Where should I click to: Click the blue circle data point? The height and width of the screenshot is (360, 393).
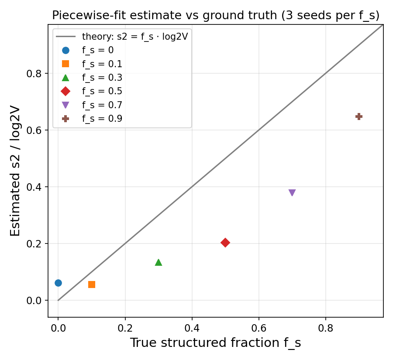[x=58, y=283]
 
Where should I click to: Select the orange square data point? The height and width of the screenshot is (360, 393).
[x=92, y=285]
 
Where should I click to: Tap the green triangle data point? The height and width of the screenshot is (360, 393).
[x=159, y=262]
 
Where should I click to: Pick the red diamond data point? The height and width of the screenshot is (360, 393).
[x=225, y=243]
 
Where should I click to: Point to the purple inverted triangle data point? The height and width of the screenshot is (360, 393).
[x=292, y=192]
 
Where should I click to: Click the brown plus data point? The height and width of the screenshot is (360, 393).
[x=359, y=117]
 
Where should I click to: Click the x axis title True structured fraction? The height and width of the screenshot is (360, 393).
[x=204, y=343]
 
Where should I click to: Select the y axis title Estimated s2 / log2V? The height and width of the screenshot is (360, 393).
[x=15, y=171]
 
